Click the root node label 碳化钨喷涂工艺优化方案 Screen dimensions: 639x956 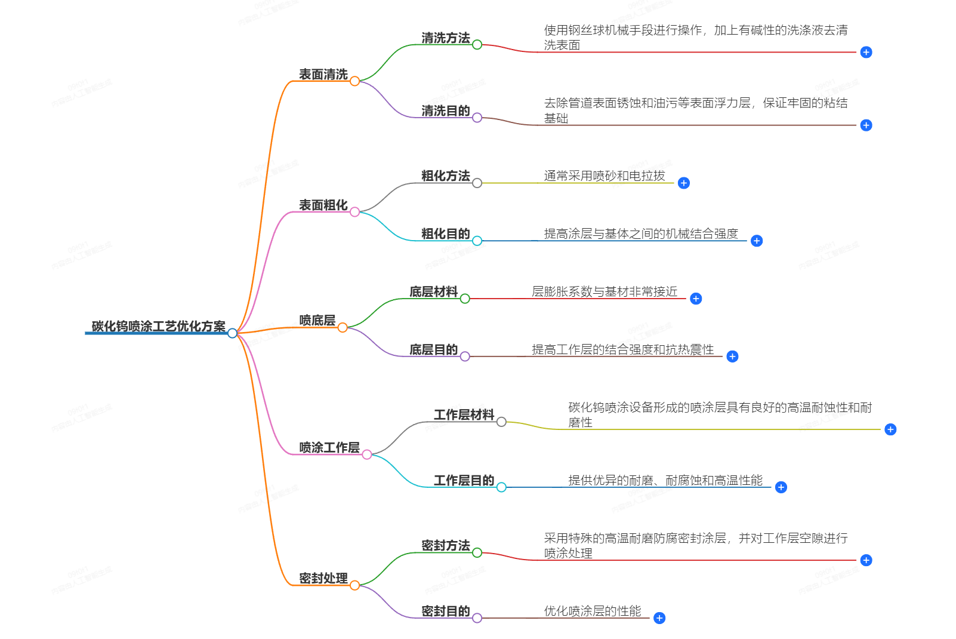pos(158,326)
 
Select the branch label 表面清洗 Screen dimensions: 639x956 pos(323,75)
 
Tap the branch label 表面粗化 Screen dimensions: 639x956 pos(323,205)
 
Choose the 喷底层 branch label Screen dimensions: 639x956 pos(317,321)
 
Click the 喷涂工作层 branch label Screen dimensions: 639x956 pos(329,448)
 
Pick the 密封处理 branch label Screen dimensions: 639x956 pos(323,579)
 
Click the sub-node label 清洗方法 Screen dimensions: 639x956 pos(445,38)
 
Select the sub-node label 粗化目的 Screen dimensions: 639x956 pos(445,234)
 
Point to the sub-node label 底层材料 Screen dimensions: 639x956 pos(433,292)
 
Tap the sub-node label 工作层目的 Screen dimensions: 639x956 pos(464,481)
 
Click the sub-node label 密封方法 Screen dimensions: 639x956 pos(445,546)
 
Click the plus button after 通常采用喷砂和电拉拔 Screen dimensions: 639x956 pos(684,183)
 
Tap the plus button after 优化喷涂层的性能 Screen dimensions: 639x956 pos(659,618)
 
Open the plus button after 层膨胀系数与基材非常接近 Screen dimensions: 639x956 pos(696,299)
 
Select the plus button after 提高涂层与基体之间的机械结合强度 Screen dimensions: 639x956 pos(757,241)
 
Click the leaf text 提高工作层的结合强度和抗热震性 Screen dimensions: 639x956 pos(622,350)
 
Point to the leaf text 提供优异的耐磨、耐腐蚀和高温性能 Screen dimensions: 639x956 pos(665,481)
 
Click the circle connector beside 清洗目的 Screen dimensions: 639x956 pos(477,118)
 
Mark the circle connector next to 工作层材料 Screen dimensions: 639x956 pos(501,422)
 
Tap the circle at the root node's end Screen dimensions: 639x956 pos(232,333)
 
